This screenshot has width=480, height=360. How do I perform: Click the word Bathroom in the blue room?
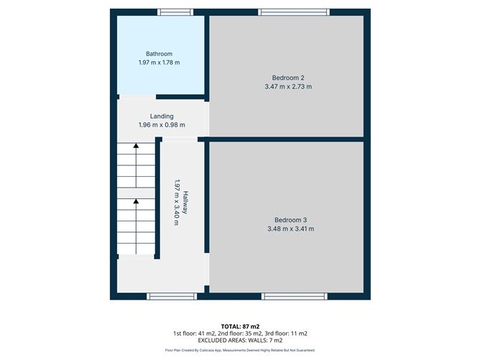pos(159,54)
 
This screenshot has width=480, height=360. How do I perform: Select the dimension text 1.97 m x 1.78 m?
pos(159,63)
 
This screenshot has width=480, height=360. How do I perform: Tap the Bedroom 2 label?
pos(288,78)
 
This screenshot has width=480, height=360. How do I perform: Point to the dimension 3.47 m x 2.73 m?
pos(288,87)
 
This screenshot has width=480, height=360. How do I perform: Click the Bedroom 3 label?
pos(290,220)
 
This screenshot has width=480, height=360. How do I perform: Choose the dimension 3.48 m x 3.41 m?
pos(290,229)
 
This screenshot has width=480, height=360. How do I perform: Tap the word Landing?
pos(161,116)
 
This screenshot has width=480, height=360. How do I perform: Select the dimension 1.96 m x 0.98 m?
pos(161,126)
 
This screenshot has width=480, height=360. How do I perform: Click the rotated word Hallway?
pos(185,203)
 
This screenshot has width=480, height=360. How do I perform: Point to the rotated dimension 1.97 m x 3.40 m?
pos(175,203)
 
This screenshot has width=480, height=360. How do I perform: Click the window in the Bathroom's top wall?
pos(175,11)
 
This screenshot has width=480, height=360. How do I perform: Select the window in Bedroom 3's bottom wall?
pos(295,295)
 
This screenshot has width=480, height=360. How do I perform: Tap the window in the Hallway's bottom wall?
pos(170,295)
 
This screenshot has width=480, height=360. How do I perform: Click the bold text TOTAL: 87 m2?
pos(240,326)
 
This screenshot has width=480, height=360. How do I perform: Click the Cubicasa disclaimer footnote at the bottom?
pos(240,350)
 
